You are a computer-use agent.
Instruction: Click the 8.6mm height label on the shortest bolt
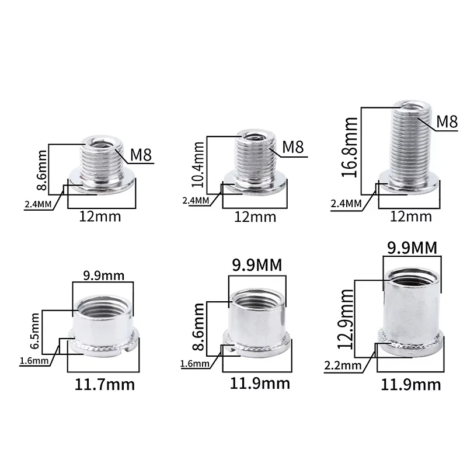click(x=41, y=170)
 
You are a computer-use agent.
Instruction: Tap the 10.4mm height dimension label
click(x=198, y=165)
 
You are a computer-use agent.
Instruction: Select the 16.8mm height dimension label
click(x=349, y=148)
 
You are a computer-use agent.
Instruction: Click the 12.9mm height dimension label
click(x=346, y=319)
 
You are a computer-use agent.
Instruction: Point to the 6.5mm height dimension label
click(x=34, y=330)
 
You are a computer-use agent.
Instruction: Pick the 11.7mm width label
click(x=104, y=385)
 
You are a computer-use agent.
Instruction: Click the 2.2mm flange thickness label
click(x=343, y=365)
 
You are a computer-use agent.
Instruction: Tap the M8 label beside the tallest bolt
click(x=447, y=121)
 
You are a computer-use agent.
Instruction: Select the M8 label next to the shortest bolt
click(x=141, y=155)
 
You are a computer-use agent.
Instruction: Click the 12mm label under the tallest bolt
click(x=411, y=217)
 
